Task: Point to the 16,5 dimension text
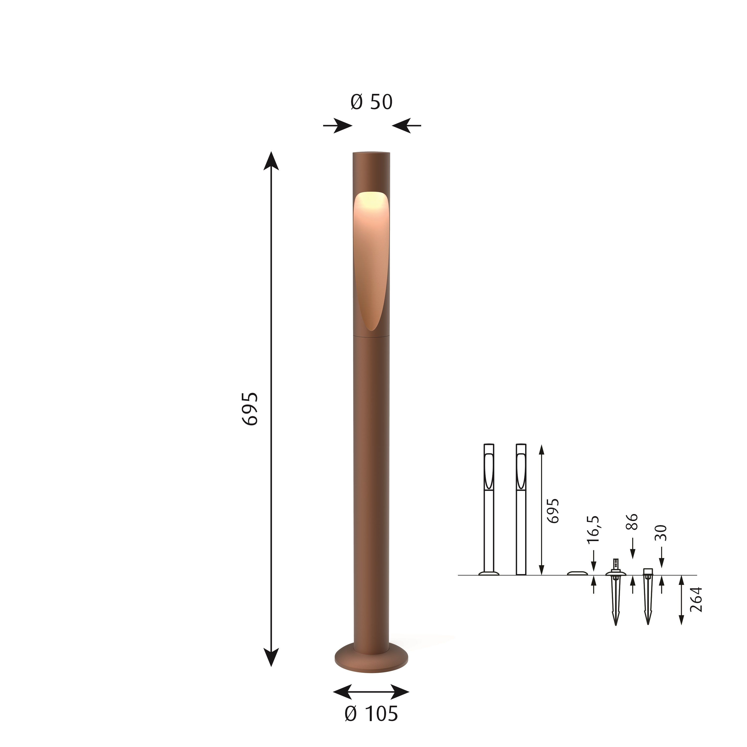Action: pos(593,529)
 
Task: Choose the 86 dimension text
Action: pos(633,522)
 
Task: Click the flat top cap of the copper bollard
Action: pos(371,153)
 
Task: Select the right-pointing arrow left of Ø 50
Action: pos(338,126)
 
